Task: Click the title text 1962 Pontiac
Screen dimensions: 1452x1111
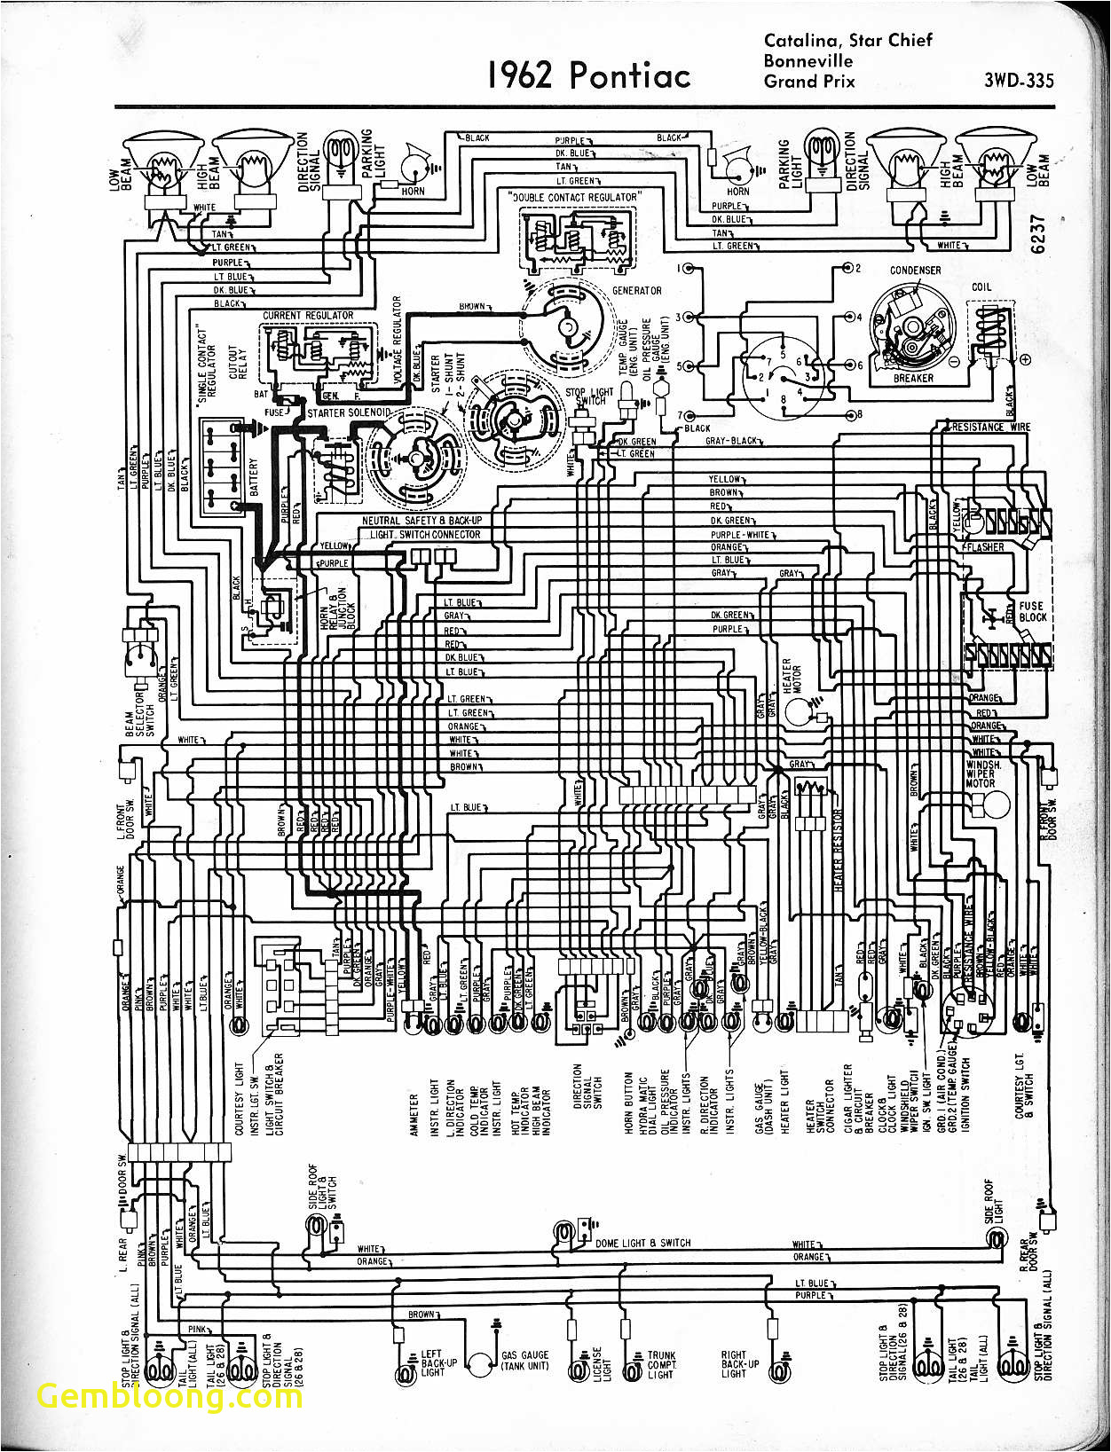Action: tap(588, 75)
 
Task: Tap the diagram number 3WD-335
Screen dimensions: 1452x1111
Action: tap(1019, 81)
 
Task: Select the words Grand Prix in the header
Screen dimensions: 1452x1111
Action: tap(809, 82)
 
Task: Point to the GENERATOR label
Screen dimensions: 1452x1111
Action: tap(636, 291)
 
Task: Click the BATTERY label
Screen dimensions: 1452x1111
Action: tap(255, 478)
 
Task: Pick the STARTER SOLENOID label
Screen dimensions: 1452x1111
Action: tap(349, 413)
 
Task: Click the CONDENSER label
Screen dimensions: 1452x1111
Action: tap(915, 271)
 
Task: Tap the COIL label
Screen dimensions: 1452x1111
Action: tap(981, 287)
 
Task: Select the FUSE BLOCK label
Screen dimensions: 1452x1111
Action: tap(1033, 612)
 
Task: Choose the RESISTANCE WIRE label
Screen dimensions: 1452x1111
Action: tap(990, 428)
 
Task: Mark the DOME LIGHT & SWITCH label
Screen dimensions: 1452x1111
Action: tap(642, 1243)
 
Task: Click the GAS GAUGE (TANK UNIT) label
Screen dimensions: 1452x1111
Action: tap(524, 1360)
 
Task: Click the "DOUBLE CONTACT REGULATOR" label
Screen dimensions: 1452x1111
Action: tap(574, 197)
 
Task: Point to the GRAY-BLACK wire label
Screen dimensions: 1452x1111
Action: tap(732, 441)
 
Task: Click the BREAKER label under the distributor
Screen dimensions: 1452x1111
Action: tap(913, 378)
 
